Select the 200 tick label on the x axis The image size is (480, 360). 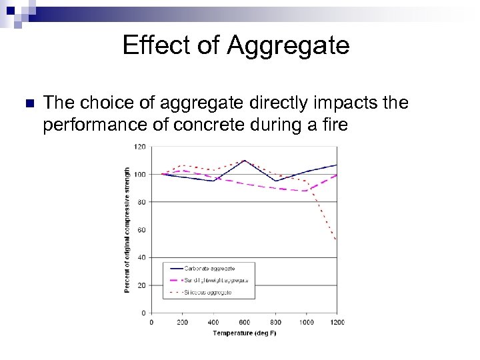(x=183, y=322)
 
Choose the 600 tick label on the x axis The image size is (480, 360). (x=245, y=322)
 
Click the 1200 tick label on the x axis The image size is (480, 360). (x=336, y=322)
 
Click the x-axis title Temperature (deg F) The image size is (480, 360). (x=245, y=332)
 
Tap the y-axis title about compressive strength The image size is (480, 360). (x=127, y=230)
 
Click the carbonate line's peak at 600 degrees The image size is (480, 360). (x=245, y=160)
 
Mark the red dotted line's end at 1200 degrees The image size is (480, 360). (x=336, y=240)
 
